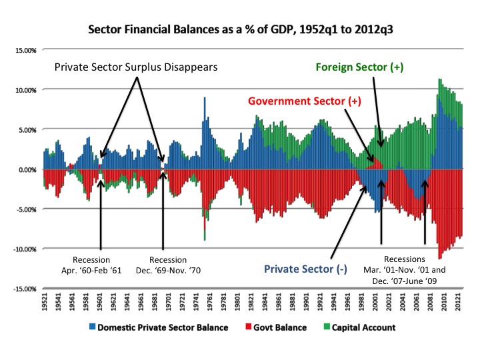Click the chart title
pyautogui.click(x=239, y=30)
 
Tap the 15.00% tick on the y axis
pyautogui.click(x=26, y=50)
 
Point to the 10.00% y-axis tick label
pyautogui.click(x=26, y=90)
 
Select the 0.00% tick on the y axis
pyautogui.click(x=27, y=169)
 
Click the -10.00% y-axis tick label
pyautogui.click(x=25, y=249)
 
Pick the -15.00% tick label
pyautogui.click(x=25, y=289)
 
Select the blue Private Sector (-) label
pyautogui.click(x=301, y=271)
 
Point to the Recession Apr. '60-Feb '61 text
pyautogui.click(x=101, y=265)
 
